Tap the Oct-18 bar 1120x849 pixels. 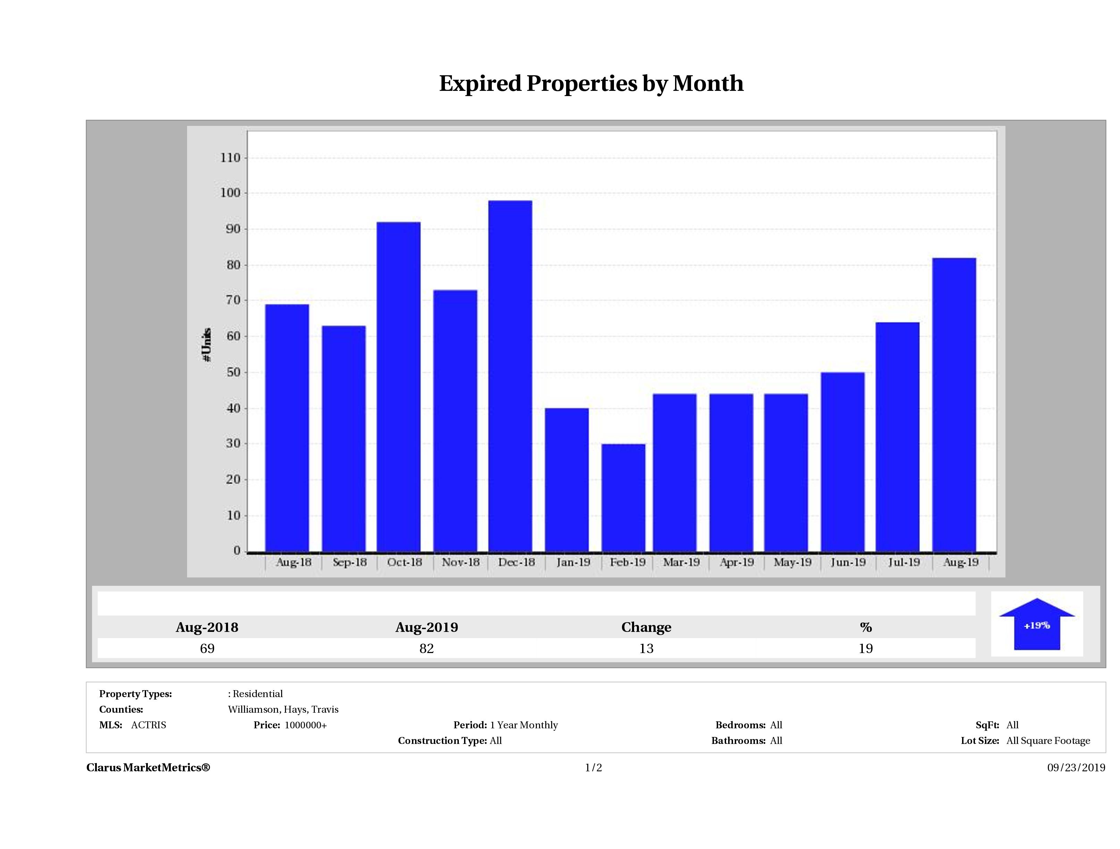(x=398, y=387)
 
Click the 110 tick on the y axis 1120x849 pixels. (x=230, y=158)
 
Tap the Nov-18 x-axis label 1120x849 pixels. (x=460, y=562)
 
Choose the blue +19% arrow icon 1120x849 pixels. (x=1036, y=624)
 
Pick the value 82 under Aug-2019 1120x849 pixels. (x=426, y=648)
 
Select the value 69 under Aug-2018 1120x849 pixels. (x=207, y=648)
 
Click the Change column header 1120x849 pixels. (x=646, y=627)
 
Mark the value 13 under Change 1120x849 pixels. (x=646, y=648)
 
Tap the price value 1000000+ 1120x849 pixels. (x=305, y=725)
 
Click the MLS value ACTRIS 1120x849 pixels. (x=148, y=725)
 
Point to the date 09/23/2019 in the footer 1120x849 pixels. (x=1076, y=767)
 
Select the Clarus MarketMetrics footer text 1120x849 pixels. (x=148, y=767)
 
